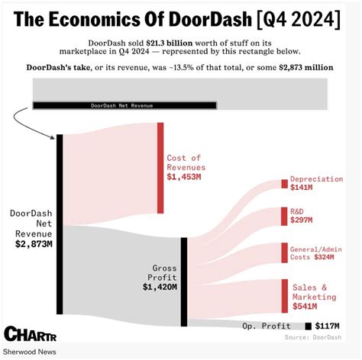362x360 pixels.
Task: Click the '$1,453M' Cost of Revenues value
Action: pyautogui.click(x=184, y=177)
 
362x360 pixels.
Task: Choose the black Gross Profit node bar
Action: pyautogui.click(x=183, y=276)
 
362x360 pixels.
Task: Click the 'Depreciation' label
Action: pyautogui.click(x=316, y=178)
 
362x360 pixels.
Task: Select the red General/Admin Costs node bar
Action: pyautogui.click(x=284, y=253)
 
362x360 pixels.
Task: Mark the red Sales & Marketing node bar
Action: pyautogui.click(x=284, y=296)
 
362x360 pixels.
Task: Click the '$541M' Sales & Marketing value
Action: pyautogui.click(x=304, y=307)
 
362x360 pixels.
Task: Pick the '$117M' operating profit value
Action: pyautogui.click(x=327, y=326)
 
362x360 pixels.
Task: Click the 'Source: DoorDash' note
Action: pyautogui.click(x=313, y=336)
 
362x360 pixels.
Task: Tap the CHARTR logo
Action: pyautogui.click(x=24, y=334)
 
